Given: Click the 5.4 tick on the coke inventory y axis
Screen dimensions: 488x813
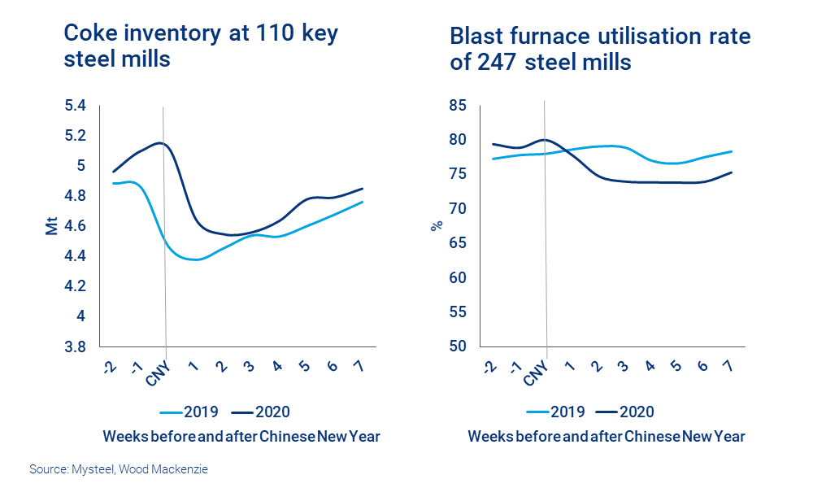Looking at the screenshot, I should (x=74, y=106).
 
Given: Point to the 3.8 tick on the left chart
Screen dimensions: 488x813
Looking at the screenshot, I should (x=74, y=346).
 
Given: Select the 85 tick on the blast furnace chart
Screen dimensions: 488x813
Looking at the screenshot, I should (x=456, y=106).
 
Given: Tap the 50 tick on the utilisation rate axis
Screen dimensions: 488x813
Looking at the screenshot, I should (x=456, y=346).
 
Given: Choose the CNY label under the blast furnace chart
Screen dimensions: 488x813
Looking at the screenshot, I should (x=537, y=373).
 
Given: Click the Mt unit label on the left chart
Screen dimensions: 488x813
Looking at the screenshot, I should (x=52, y=226).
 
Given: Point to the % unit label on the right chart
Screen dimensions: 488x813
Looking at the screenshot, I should (x=435, y=226).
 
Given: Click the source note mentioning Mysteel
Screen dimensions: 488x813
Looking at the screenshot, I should (x=119, y=469).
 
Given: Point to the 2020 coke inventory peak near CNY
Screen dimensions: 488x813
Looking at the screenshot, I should (x=162, y=143).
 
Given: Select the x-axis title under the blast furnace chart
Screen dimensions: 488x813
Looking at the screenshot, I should (x=606, y=437).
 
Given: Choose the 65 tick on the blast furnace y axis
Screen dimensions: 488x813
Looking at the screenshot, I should (x=456, y=243).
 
